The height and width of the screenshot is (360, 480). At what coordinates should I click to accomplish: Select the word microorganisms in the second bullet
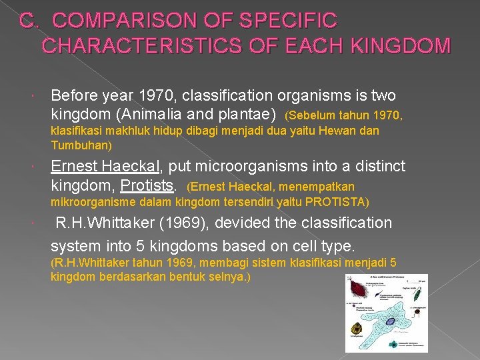(253, 165)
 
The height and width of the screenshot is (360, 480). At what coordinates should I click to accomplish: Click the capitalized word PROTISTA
(335, 201)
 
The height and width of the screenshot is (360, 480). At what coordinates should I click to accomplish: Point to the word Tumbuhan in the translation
(79, 145)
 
